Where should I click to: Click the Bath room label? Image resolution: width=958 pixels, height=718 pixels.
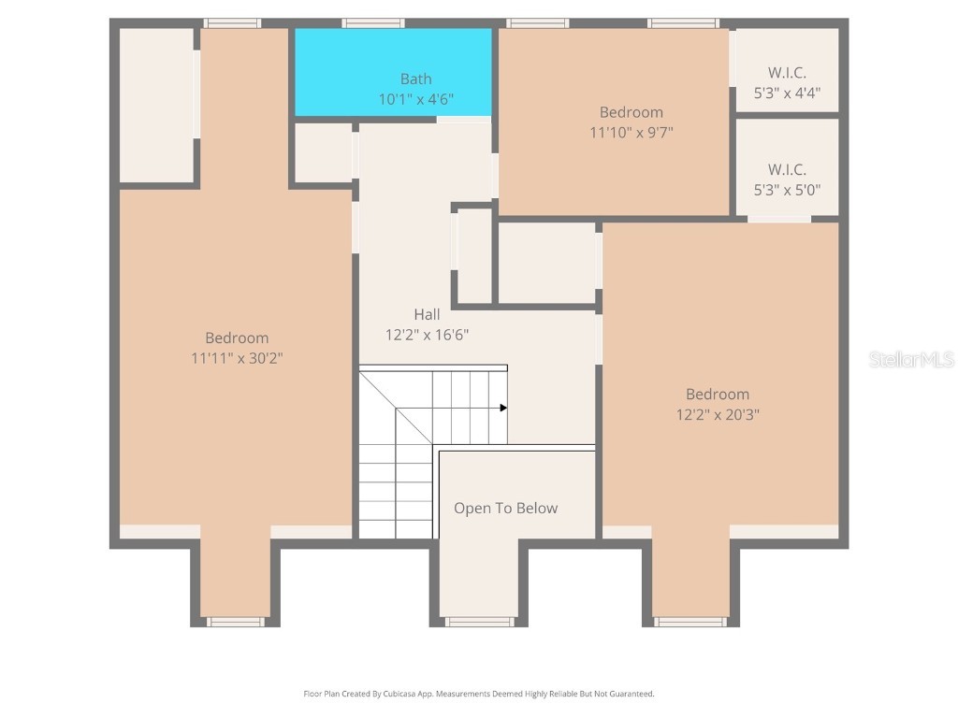pyautogui.click(x=415, y=79)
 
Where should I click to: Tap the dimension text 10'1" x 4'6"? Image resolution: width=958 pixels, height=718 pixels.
pyautogui.click(x=415, y=98)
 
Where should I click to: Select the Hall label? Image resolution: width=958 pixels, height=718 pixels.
pyautogui.click(x=427, y=315)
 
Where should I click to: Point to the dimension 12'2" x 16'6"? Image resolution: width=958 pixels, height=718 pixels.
pyautogui.click(x=427, y=334)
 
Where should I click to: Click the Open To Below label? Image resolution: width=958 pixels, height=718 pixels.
pyautogui.click(x=505, y=509)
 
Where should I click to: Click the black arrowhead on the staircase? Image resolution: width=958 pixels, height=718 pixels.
pyautogui.click(x=503, y=408)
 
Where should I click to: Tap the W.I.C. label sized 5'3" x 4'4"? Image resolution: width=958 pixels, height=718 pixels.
pyautogui.click(x=787, y=73)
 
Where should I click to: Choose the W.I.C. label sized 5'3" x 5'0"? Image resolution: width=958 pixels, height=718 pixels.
pyautogui.click(x=787, y=170)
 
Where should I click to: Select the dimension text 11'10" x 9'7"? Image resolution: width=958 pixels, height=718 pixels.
pyautogui.click(x=631, y=132)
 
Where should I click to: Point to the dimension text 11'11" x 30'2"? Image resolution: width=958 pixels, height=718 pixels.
pyautogui.click(x=237, y=357)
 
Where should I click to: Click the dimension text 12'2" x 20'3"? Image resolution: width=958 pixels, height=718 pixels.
pyautogui.click(x=718, y=414)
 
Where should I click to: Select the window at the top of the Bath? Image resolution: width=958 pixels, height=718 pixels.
pyautogui.click(x=372, y=23)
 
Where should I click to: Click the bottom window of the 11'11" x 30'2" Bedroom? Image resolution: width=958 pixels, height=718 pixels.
pyautogui.click(x=236, y=622)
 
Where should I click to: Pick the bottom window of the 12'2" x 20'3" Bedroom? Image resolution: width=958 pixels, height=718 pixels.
pyautogui.click(x=690, y=622)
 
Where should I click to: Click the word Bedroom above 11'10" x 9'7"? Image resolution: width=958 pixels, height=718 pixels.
pyautogui.click(x=631, y=112)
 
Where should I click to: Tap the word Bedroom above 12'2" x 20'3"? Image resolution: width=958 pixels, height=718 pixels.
pyautogui.click(x=718, y=395)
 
